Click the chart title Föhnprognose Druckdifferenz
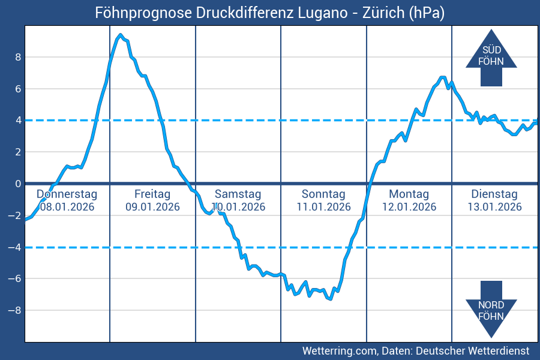[x=269, y=13]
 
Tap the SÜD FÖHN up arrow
[x=491, y=57]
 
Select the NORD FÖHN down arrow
[x=491, y=309]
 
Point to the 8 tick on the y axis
[x=18, y=57]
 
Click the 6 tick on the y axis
[x=18, y=89]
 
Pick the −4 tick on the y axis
[x=16, y=247]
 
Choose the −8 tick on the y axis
[x=16, y=310]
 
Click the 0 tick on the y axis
[x=18, y=184]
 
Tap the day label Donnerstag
[x=67, y=194]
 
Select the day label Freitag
[x=152, y=194]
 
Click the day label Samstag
[x=238, y=194]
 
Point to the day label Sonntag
[x=323, y=194]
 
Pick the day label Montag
[x=409, y=194]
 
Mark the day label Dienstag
[x=494, y=194]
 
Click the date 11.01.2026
[x=323, y=207]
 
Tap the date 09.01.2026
[x=152, y=207]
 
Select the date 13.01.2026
[x=494, y=207]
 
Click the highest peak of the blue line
[x=121, y=35]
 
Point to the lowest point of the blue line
[x=330, y=298]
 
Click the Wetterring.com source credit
[x=415, y=350]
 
